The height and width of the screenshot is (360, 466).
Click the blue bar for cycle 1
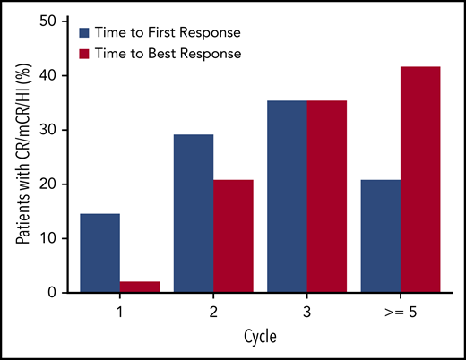click(x=99, y=253)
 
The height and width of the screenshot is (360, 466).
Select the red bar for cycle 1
click(x=140, y=287)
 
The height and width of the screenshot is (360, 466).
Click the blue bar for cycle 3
click(x=286, y=197)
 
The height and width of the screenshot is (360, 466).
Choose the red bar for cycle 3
click(x=326, y=197)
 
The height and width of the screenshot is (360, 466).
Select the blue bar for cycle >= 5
click(x=380, y=236)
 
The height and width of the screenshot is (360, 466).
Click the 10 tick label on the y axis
click(x=52, y=238)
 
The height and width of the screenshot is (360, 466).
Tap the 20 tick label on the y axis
click(x=52, y=184)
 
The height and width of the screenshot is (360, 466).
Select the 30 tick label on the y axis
click(x=52, y=130)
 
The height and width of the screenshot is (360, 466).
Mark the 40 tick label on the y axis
click(x=52, y=75)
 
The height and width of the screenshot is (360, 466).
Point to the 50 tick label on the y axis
click(x=52, y=21)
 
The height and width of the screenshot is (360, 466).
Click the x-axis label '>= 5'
click(x=400, y=312)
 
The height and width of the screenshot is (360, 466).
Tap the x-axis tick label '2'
click(x=213, y=312)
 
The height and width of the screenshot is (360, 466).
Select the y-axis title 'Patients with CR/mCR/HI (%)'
click(x=20, y=157)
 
